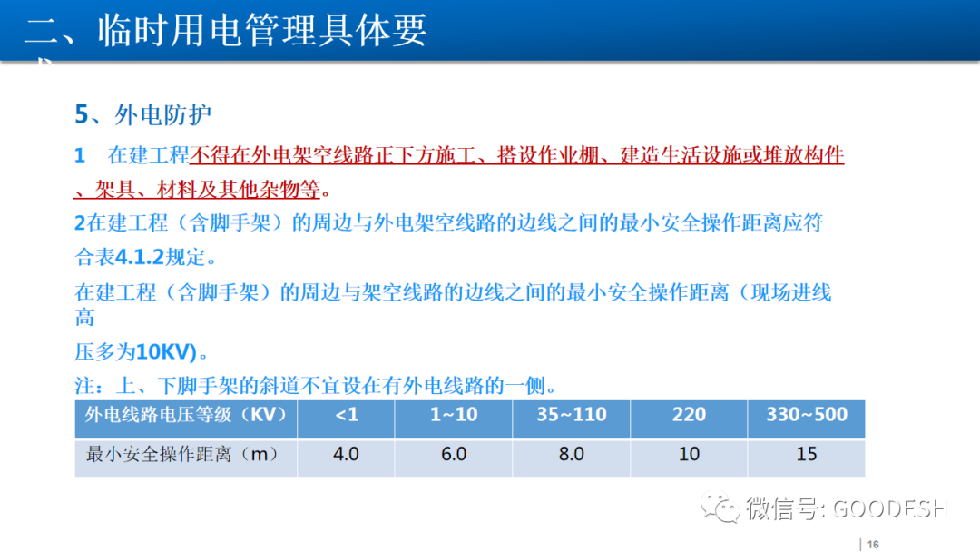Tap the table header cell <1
point(346,416)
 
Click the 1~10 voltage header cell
point(453,416)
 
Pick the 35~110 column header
point(571,416)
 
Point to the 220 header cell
point(689,416)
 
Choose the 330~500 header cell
point(806,416)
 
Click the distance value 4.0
point(346,454)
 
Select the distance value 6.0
point(453,454)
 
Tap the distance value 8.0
point(571,454)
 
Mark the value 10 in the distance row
point(689,454)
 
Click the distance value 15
point(806,454)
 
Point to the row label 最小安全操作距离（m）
point(181,454)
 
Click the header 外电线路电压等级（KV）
point(186,416)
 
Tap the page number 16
point(874,544)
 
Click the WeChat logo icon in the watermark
point(725,509)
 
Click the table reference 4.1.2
point(141,257)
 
